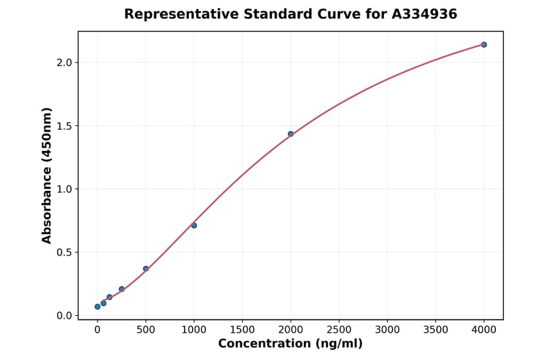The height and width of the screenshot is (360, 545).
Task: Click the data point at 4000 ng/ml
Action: [484, 45]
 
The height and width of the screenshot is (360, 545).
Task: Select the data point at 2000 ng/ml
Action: [291, 134]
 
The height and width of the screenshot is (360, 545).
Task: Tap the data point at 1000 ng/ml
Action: [194, 225]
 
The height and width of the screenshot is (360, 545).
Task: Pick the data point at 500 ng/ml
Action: [146, 268]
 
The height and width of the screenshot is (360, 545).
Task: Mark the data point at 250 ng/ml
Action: [122, 289]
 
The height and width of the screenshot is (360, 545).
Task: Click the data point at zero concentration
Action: [97, 307]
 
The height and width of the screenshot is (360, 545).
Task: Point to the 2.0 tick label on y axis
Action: [64, 63]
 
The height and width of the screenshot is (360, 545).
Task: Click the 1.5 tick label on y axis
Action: [64, 126]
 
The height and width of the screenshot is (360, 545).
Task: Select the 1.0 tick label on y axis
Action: [64, 189]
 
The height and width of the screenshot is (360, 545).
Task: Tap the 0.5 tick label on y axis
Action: [64, 253]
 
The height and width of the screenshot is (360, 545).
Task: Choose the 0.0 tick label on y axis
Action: [64, 316]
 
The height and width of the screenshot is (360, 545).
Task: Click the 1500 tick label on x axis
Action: [242, 330]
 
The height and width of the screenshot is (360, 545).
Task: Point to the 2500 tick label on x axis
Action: [339, 330]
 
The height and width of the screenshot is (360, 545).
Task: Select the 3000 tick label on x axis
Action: [388, 330]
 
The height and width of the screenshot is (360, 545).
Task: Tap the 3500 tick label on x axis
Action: [435, 330]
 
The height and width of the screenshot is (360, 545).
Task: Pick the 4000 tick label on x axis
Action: [484, 330]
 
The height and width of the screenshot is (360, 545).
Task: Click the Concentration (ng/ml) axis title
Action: [291, 344]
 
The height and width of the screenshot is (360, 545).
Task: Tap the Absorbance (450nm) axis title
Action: [47, 175]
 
